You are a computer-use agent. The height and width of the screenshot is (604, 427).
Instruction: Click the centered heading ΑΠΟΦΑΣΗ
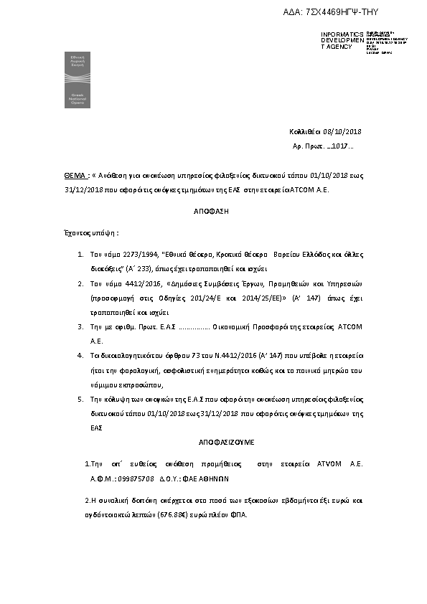click(213, 213)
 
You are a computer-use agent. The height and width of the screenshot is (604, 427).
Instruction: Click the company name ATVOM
click(329, 464)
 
